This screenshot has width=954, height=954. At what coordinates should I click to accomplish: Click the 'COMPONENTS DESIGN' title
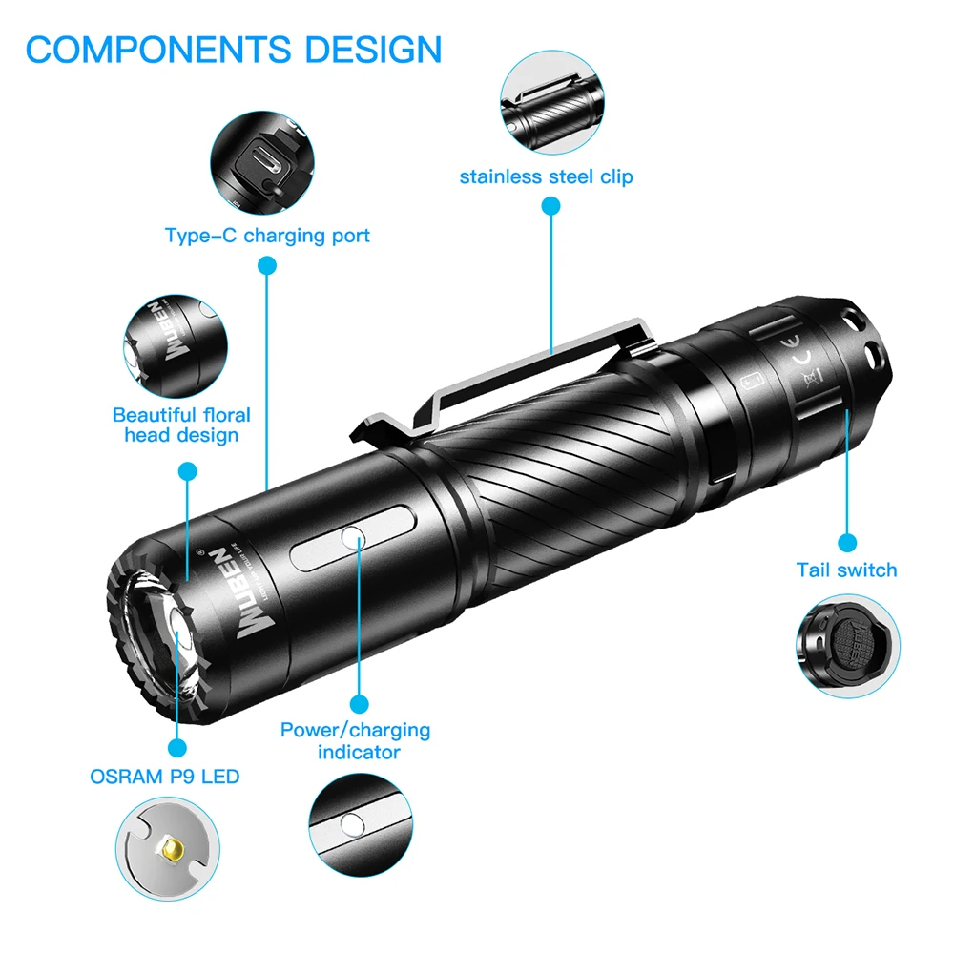click(234, 49)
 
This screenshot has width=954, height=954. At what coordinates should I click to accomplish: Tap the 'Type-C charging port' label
click(267, 235)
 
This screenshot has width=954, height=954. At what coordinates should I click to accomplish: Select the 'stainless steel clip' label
click(546, 176)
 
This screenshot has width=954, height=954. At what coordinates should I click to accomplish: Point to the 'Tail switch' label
click(846, 570)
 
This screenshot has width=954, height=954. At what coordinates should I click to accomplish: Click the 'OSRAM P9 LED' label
click(164, 776)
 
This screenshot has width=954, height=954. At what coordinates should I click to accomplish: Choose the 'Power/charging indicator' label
click(355, 740)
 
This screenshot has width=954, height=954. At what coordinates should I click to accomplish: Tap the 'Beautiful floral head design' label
click(181, 425)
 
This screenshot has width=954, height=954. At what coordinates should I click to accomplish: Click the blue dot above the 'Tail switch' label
click(847, 543)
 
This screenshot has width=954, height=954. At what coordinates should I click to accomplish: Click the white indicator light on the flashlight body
click(355, 540)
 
